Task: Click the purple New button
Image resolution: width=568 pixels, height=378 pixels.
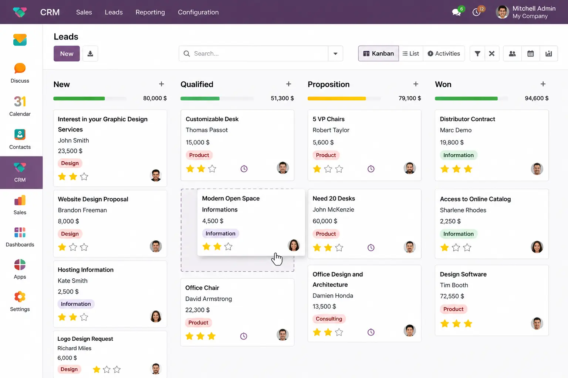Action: pyautogui.click(x=67, y=54)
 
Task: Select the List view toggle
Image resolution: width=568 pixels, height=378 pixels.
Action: pyautogui.click(x=411, y=54)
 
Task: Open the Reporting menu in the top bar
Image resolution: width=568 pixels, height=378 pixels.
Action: pyautogui.click(x=150, y=12)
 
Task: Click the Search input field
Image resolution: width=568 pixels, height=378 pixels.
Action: pyautogui.click(x=254, y=54)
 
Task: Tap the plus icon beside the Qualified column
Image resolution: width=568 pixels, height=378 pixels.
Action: pyautogui.click(x=288, y=84)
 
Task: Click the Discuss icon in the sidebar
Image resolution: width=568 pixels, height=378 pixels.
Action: pyautogui.click(x=20, y=68)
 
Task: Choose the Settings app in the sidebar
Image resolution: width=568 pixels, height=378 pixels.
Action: pyautogui.click(x=20, y=297)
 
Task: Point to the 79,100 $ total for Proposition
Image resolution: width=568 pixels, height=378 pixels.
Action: pyautogui.click(x=410, y=98)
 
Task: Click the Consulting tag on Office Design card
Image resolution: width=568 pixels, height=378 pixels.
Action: pyautogui.click(x=329, y=319)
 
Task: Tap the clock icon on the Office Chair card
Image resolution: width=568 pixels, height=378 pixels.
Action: pyautogui.click(x=244, y=336)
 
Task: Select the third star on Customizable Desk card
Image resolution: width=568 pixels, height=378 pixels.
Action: pyautogui.click(x=212, y=169)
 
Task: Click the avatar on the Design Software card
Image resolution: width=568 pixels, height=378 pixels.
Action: pyautogui.click(x=537, y=323)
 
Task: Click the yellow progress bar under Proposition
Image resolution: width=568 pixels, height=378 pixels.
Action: pyautogui.click(x=337, y=99)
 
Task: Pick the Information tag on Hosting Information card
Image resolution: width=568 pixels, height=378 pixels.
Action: pyautogui.click(x=76, y=304)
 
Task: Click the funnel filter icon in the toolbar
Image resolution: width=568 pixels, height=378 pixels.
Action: pyautogui.click(x=477, y=54)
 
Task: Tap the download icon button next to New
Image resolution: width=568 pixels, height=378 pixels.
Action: pyautogui.click(x=90, y=54)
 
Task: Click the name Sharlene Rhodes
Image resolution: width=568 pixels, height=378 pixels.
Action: pyautogui.click(x=463, y=210)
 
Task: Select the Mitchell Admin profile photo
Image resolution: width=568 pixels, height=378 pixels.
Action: pyautogui.click(x=502, y=12)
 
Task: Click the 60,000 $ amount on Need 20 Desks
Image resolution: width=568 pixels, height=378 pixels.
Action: pyautogui.click(x=325, y=221)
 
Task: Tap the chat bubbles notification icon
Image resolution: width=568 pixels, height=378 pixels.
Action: pyautogui.click(x=456, y=12)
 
